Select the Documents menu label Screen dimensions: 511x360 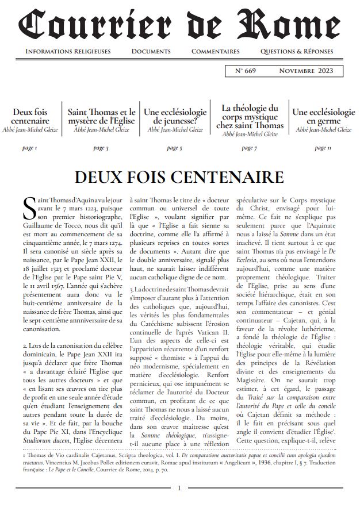(151, 52)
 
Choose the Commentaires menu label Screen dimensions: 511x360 (215, 52)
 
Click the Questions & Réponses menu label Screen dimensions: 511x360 (296, 52)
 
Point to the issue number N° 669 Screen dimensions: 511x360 (247, 71)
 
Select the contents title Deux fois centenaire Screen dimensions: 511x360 (30, 117)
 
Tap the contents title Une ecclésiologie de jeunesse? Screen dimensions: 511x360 (175, 117)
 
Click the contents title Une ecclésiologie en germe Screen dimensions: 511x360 (323, 117)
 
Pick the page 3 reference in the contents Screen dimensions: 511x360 (101, 148)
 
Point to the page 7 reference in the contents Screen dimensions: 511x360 (250, 148)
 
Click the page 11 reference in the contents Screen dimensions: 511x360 (324, 148)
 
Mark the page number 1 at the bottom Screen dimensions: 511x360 (179, 489)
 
